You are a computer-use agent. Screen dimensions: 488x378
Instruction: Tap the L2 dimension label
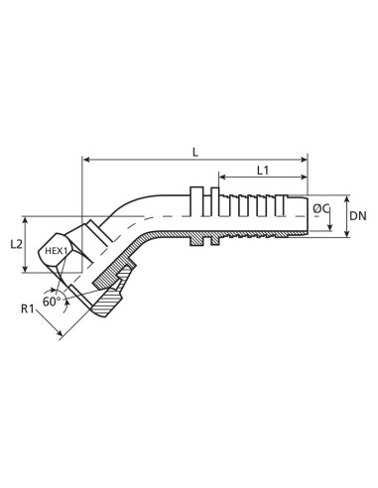[x=30, y=243]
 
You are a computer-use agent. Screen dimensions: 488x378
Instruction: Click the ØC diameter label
[x=320, y=209]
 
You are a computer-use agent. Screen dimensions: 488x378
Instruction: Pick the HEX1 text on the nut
[x=57, y=252]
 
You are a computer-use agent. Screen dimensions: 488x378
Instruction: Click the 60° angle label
[x=53, y=300]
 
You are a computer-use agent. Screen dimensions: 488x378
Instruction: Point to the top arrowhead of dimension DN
[x=346, y=196]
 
